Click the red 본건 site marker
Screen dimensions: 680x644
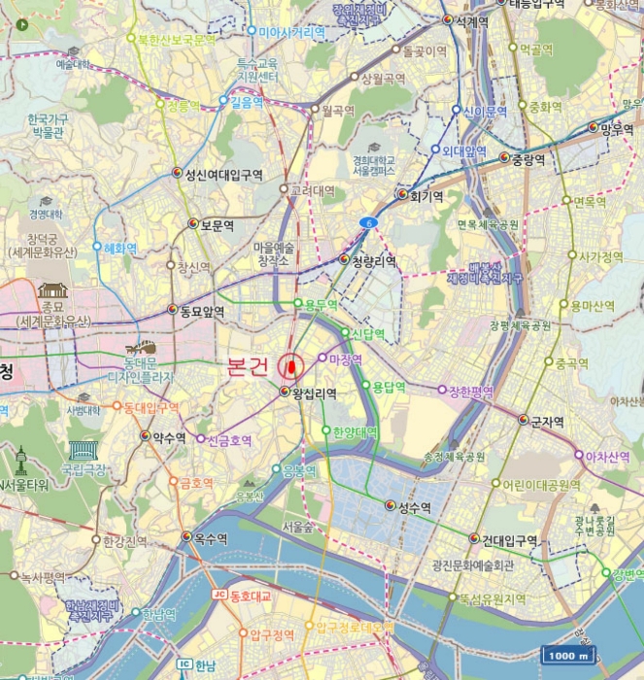(x=290, y=366)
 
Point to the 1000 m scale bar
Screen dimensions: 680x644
(x=569, y=655)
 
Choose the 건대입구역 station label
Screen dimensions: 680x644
(x=509, y=539)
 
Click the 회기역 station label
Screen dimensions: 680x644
(x=424, y=195)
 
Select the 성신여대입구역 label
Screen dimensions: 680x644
(x=230, y=175)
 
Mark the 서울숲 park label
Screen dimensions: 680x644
(x=298, y=527)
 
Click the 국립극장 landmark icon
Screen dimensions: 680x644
(x=83, y=450)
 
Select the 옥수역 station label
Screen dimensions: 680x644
(x=210, y=536)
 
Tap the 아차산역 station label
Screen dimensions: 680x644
(x=608, y=456)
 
